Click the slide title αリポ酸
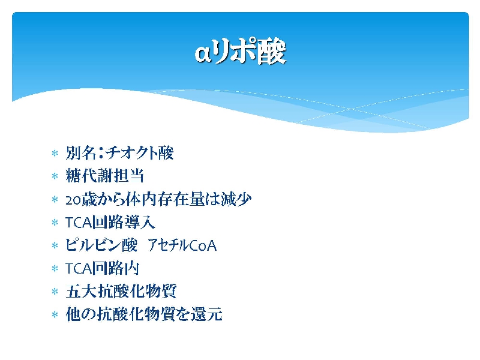pos(241,52)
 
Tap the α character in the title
pos(203,53)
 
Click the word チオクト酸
pos(140,152)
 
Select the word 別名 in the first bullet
pos(81,152)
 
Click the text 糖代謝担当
pos(104,176)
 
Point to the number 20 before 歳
pos(73,200)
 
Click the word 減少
pos(236,199)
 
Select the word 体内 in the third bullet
pos(142,199)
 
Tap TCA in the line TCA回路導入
pos(79,223)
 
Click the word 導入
pos(140,222)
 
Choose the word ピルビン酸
pos(101,245)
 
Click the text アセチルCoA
pos(182,245)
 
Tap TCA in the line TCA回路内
pos(79,269)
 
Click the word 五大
pos(81,291)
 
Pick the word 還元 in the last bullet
pos(206,314)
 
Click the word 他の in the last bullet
pos(81,314)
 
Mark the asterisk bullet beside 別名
pos(55,153)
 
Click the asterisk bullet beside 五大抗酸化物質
pos(55,292)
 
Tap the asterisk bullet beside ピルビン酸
pos(55,245)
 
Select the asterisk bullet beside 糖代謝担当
pos(55,176)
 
